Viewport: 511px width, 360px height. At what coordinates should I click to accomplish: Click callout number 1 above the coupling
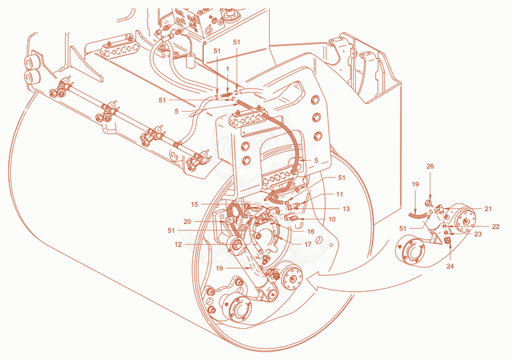point(227,69)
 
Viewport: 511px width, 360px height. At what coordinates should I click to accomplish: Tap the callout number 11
point(340,194)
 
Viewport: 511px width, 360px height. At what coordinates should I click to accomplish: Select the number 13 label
point(346,209)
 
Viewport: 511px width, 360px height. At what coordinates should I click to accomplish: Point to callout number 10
point(332,220)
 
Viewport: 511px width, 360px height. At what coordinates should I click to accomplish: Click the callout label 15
point(195,204)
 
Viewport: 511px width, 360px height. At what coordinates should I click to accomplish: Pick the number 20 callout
point(187,221)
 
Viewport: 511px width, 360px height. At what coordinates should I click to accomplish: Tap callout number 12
point(178,244)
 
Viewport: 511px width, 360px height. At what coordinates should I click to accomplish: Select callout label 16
point(310,231)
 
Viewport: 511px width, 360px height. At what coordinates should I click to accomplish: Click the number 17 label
point(308,244)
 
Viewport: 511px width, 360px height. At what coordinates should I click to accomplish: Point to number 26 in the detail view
point(430,166)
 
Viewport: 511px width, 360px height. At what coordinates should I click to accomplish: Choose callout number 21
point(488,209)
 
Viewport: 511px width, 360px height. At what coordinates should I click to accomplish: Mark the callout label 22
point(496,227)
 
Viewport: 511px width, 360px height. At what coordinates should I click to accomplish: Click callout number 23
point(478,234)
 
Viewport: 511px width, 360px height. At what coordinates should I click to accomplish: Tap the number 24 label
point(450,266)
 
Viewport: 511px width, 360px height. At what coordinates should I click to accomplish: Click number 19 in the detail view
point(415,184)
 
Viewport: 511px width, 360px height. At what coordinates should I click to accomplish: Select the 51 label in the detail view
point(403,229)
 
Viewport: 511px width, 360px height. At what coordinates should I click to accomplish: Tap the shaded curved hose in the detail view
point(418,214)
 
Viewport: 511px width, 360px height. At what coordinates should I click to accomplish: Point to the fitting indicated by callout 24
point(448,241)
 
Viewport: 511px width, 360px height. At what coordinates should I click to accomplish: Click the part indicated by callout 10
point(290,217)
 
